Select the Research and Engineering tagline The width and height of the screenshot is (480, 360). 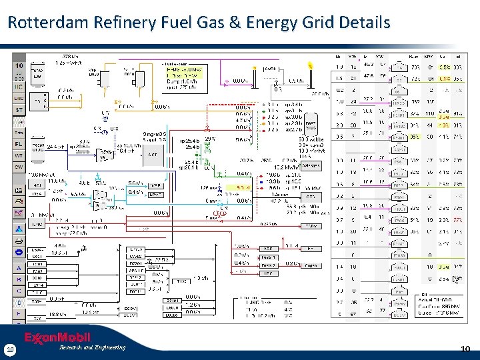tap(92, 347)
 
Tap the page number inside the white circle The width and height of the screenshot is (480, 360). tap(10, 349)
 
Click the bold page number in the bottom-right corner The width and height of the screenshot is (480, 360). tap(466, 349)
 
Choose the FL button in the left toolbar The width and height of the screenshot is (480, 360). tap(19, 143)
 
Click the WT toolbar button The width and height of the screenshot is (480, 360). tap(19, 155)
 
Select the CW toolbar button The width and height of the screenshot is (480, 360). tap(19, 167)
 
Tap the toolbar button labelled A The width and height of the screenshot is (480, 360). tap(19, 267)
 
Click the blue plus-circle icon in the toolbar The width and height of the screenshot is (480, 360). tap(19, 252)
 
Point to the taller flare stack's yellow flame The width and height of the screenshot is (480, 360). tap(310, 65)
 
